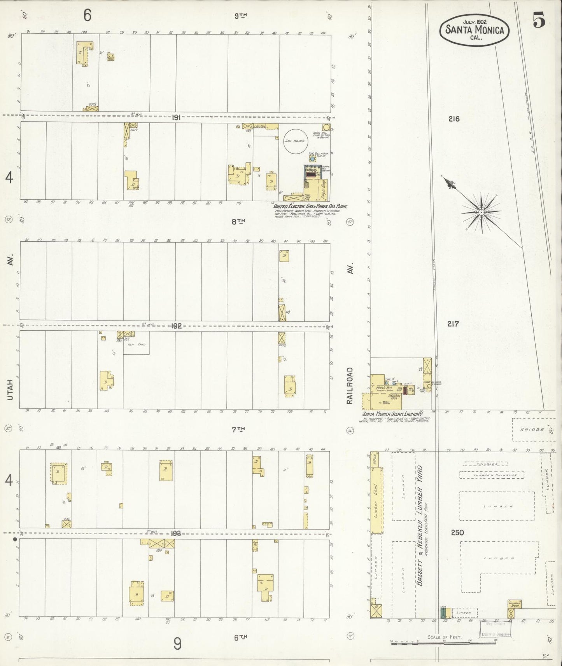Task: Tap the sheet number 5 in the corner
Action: click(539, 20)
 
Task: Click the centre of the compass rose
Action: click(481, 212)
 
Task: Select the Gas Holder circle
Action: click(296, 141)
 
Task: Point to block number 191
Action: click(176, 117)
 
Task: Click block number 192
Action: click(176, 326)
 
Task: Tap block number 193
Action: click(176, 533)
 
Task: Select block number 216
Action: click(453, 119)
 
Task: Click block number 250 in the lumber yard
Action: click(457, 532)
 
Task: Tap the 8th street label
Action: click(238, 221)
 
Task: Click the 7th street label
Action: click(238, 429)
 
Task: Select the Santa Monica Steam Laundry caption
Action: click(392, 414)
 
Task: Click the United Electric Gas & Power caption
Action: click(310, 207)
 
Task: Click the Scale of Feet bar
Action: click(443, 643)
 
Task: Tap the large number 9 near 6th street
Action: click(177, 644)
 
